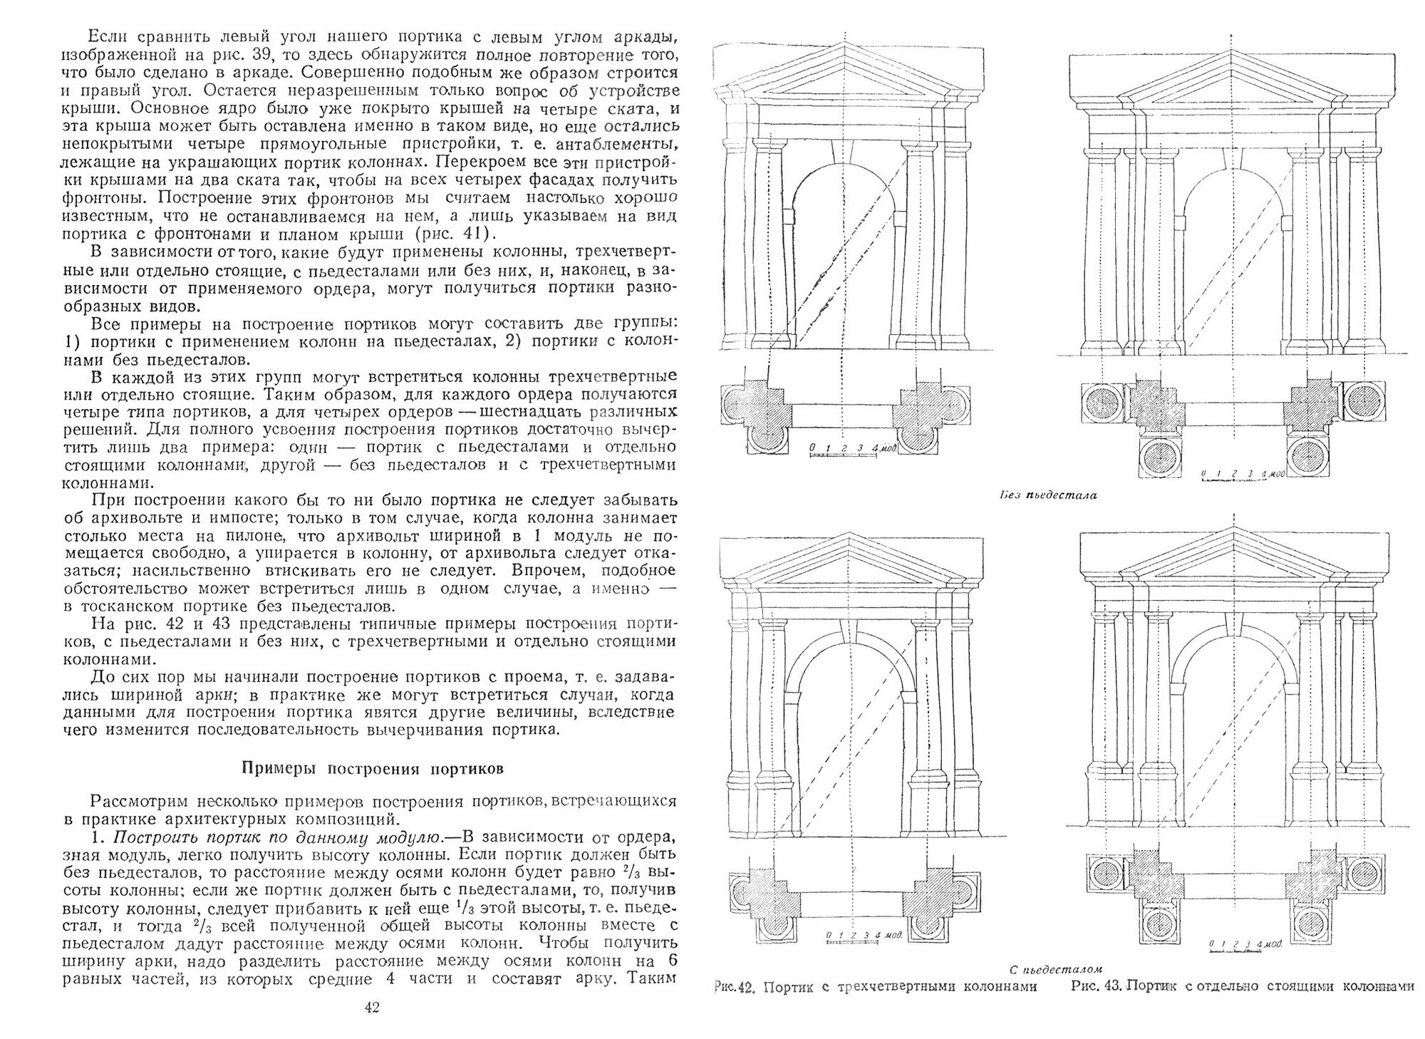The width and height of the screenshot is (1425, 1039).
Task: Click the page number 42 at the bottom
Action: point(372,1007)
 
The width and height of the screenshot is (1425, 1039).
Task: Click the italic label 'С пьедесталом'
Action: point(1056,968)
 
